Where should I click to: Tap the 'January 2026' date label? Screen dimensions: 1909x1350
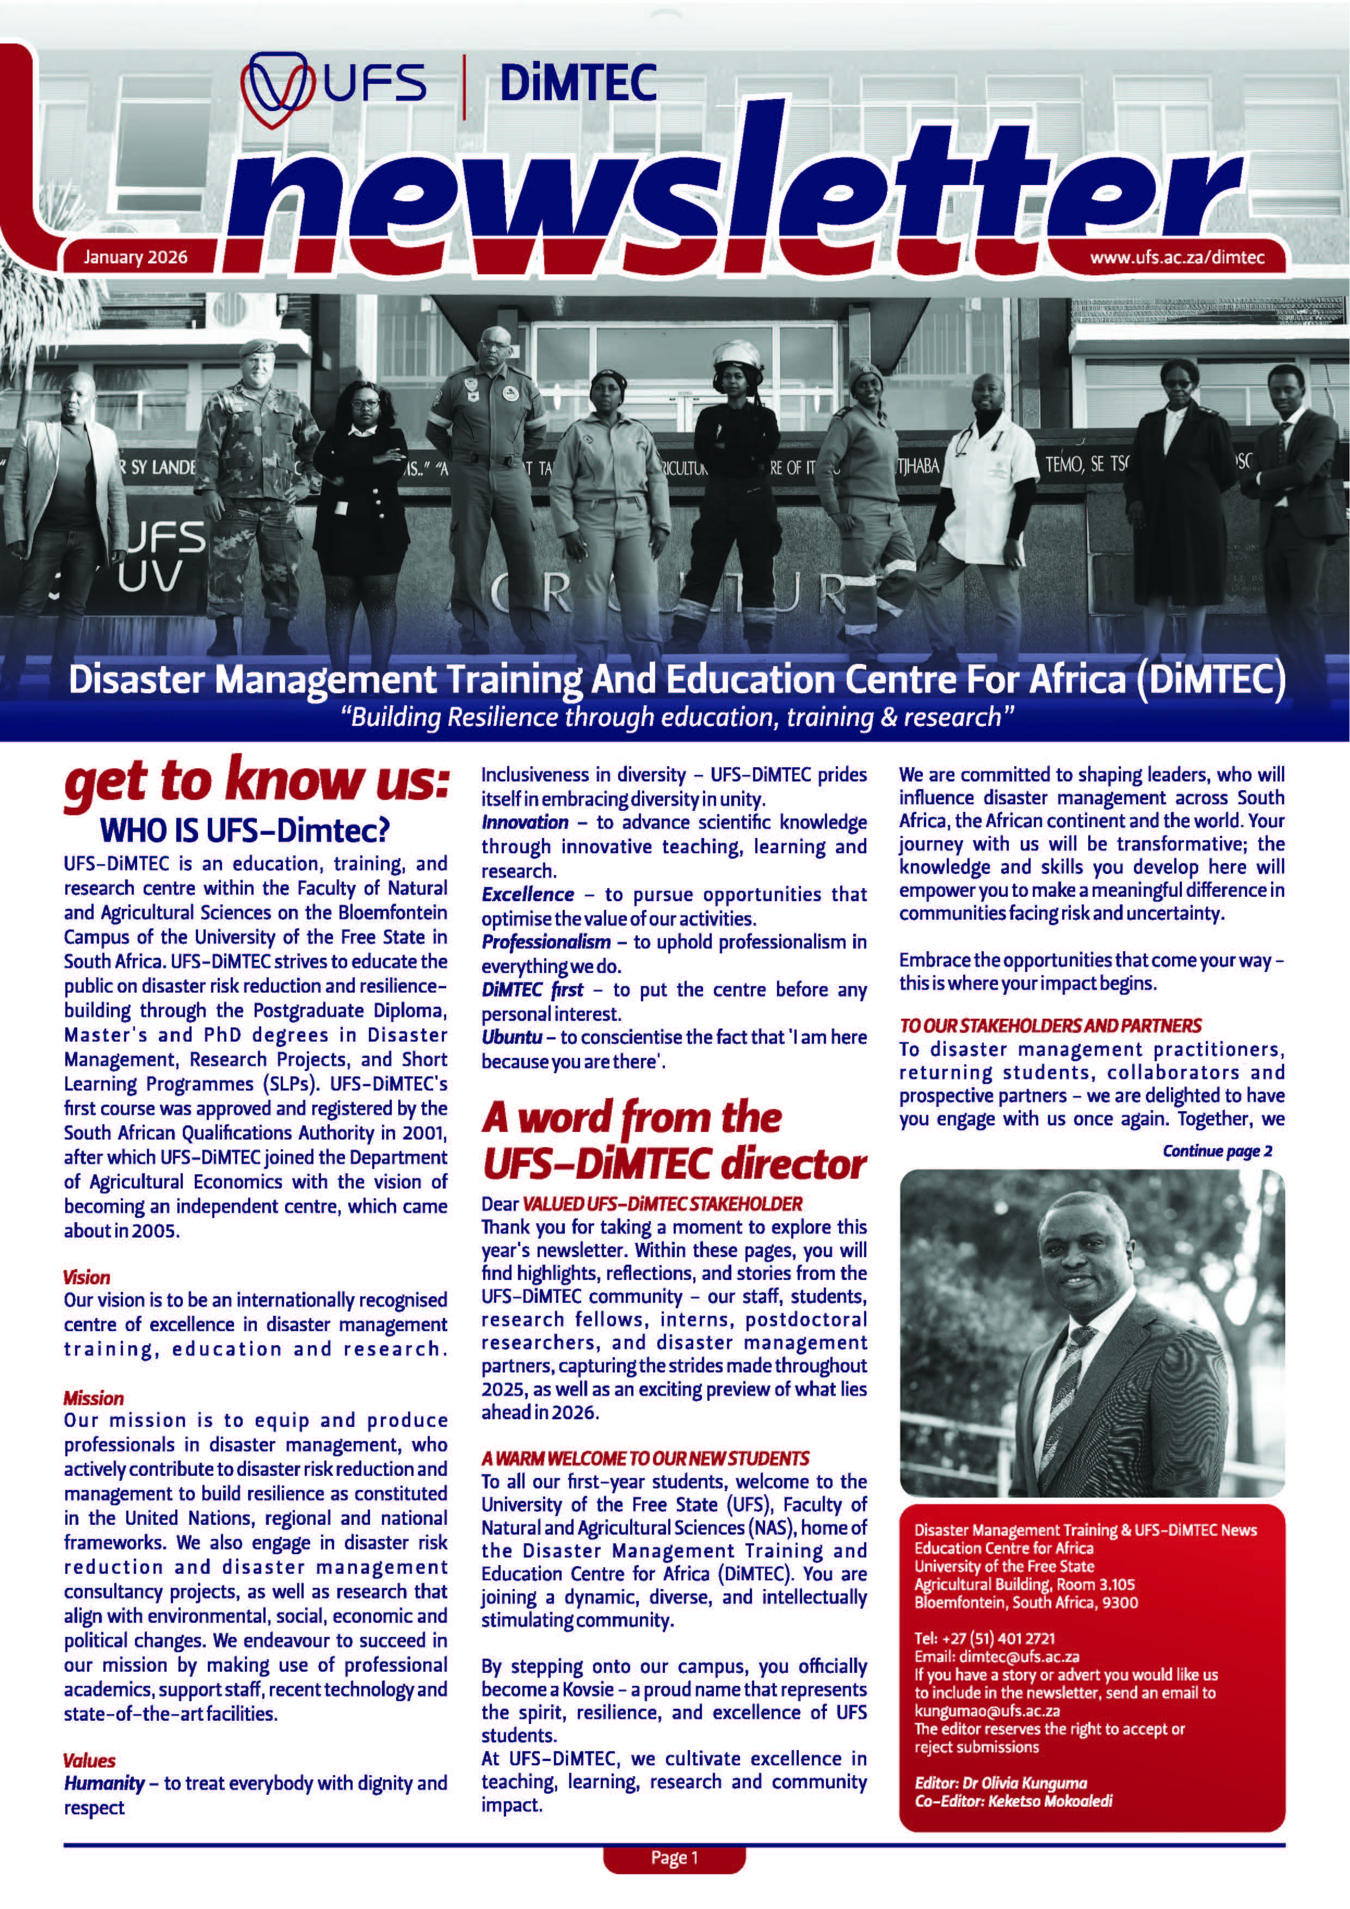click(135, 257)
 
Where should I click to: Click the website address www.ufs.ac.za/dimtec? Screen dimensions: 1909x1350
click(1177, 257)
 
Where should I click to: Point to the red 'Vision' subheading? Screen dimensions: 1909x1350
click(87, 1277)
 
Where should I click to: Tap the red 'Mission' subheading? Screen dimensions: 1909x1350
click(93, 1399)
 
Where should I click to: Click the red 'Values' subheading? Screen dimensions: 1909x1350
click(89, 1760)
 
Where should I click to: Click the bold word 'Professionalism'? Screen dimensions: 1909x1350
click(546, 942)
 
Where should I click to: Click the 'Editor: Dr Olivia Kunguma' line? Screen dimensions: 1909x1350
click(1001, 1783)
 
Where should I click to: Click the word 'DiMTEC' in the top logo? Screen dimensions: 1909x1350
click(578, 84)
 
